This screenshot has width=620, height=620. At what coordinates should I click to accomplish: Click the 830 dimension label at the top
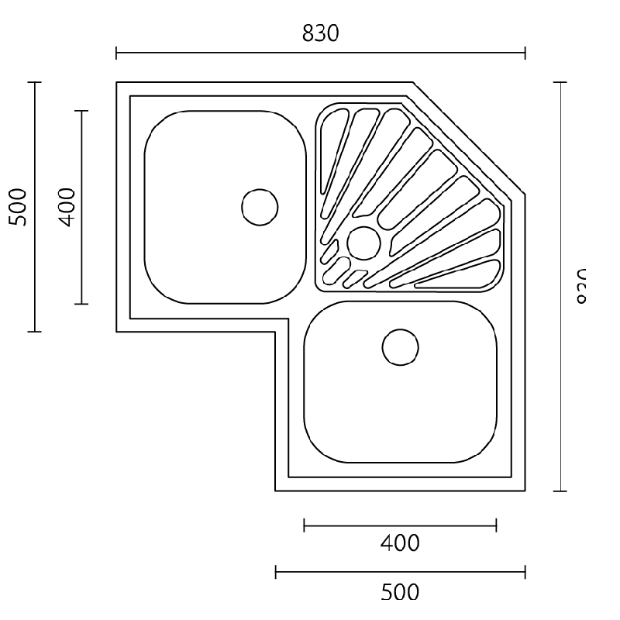pos(321,33)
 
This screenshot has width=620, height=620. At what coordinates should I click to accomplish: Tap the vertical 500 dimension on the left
pos(19,206)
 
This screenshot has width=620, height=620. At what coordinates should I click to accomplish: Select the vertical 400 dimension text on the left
pos(67,206)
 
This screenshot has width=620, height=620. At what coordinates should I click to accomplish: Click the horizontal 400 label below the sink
pos(400,543)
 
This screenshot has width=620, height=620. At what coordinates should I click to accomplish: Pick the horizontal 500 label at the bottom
pos(400,592)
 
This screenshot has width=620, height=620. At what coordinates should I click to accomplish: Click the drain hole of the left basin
pos(260,206)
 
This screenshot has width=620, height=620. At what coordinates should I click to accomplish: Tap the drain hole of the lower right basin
pos(401,346)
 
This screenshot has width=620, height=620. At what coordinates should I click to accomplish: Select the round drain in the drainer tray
pos(363,243)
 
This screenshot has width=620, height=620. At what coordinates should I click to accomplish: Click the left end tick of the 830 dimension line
pos(116,53)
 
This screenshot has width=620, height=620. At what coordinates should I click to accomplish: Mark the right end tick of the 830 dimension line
pos(525,53)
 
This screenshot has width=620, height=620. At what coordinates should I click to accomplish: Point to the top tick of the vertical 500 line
pos(35,82)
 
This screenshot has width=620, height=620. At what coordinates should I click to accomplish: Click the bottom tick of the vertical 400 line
pos(81,304)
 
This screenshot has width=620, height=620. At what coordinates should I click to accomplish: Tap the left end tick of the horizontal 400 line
pos(305,526)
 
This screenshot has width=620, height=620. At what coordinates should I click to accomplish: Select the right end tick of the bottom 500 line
pos(525,573)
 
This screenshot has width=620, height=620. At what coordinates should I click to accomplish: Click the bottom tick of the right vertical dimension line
pos(560,491)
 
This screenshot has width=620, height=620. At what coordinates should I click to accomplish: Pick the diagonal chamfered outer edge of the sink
pos(469,139)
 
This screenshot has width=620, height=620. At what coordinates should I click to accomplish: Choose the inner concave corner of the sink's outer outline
pos(275,332)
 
